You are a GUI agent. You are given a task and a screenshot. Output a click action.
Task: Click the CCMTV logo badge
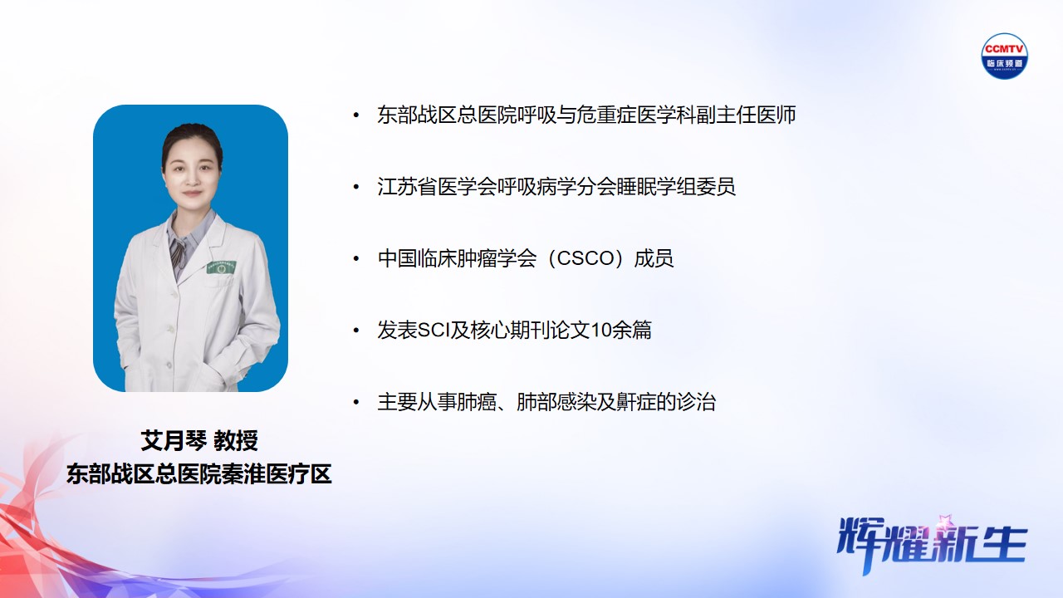tap(1004, 56)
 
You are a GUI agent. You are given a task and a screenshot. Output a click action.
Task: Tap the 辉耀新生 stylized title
tap(932, 544)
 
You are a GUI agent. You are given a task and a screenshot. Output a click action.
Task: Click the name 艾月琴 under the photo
tap(174, 441)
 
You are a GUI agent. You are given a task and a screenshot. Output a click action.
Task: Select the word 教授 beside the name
tap(235, 441)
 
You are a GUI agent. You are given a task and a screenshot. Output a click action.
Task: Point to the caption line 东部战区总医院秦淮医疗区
tap(198, 474)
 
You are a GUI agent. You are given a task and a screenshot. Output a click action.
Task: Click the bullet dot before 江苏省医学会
tap(356, 187)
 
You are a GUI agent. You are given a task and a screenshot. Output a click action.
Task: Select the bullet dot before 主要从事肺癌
tap(356, 403)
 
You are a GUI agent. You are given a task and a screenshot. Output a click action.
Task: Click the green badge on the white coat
tap(221, 268)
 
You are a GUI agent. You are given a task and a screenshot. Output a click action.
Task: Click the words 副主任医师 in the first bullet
tap(746, 115)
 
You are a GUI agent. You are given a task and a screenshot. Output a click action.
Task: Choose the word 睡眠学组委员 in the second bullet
tap(676, 187)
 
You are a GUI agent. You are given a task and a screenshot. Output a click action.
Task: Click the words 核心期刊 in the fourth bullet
tap(510, 331)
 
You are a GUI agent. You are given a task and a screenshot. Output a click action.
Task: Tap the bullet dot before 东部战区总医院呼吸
tap(356, 115)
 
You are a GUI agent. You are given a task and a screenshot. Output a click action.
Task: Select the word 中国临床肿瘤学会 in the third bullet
tap(457, 258)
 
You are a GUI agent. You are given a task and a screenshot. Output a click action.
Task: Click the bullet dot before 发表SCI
tap(356, 331)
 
